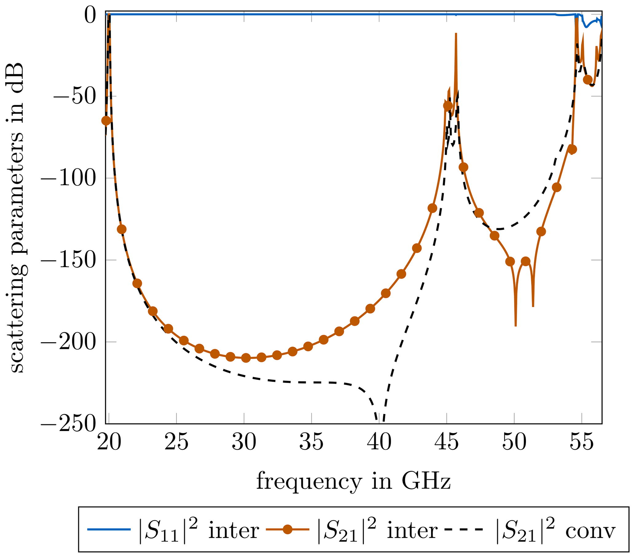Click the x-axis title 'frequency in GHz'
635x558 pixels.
(x=353, y=482)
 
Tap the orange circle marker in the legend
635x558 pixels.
(x=288, y=529)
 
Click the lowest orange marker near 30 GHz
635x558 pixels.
(x=246, y=358)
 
